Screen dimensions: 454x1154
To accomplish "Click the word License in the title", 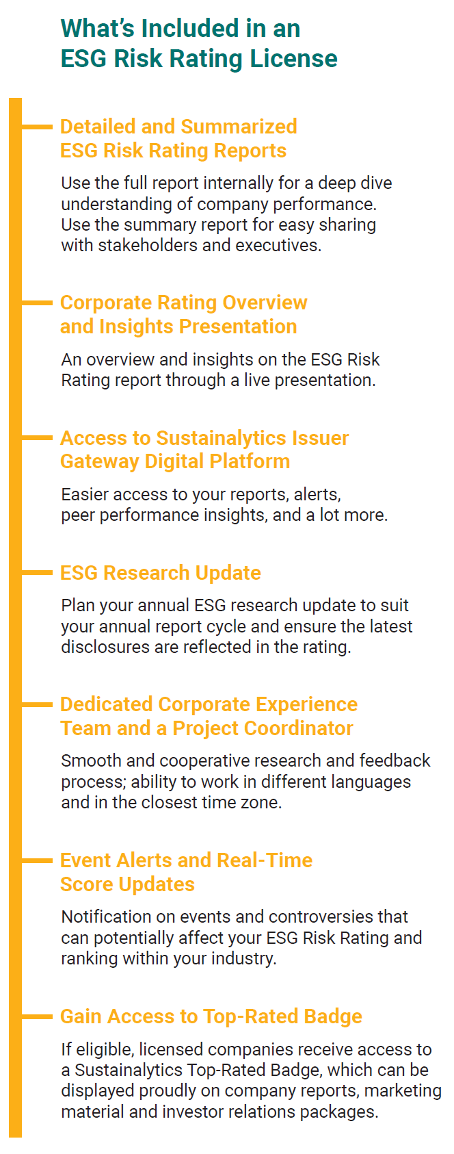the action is point(293,58).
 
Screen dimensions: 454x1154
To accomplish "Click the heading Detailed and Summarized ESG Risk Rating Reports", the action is point(178,138).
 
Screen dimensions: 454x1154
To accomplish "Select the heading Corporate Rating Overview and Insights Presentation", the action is point(184,314).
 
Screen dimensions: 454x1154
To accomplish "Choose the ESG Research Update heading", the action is point(161,573).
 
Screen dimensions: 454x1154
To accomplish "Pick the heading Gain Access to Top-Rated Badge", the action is point(211,1016).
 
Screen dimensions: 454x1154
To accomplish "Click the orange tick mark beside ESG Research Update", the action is point(37,572).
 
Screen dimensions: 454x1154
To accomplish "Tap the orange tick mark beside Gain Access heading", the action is point(37,1016).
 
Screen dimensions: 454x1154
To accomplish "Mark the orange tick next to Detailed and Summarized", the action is point(37,126).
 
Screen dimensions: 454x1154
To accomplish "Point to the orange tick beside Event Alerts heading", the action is point(37,860).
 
